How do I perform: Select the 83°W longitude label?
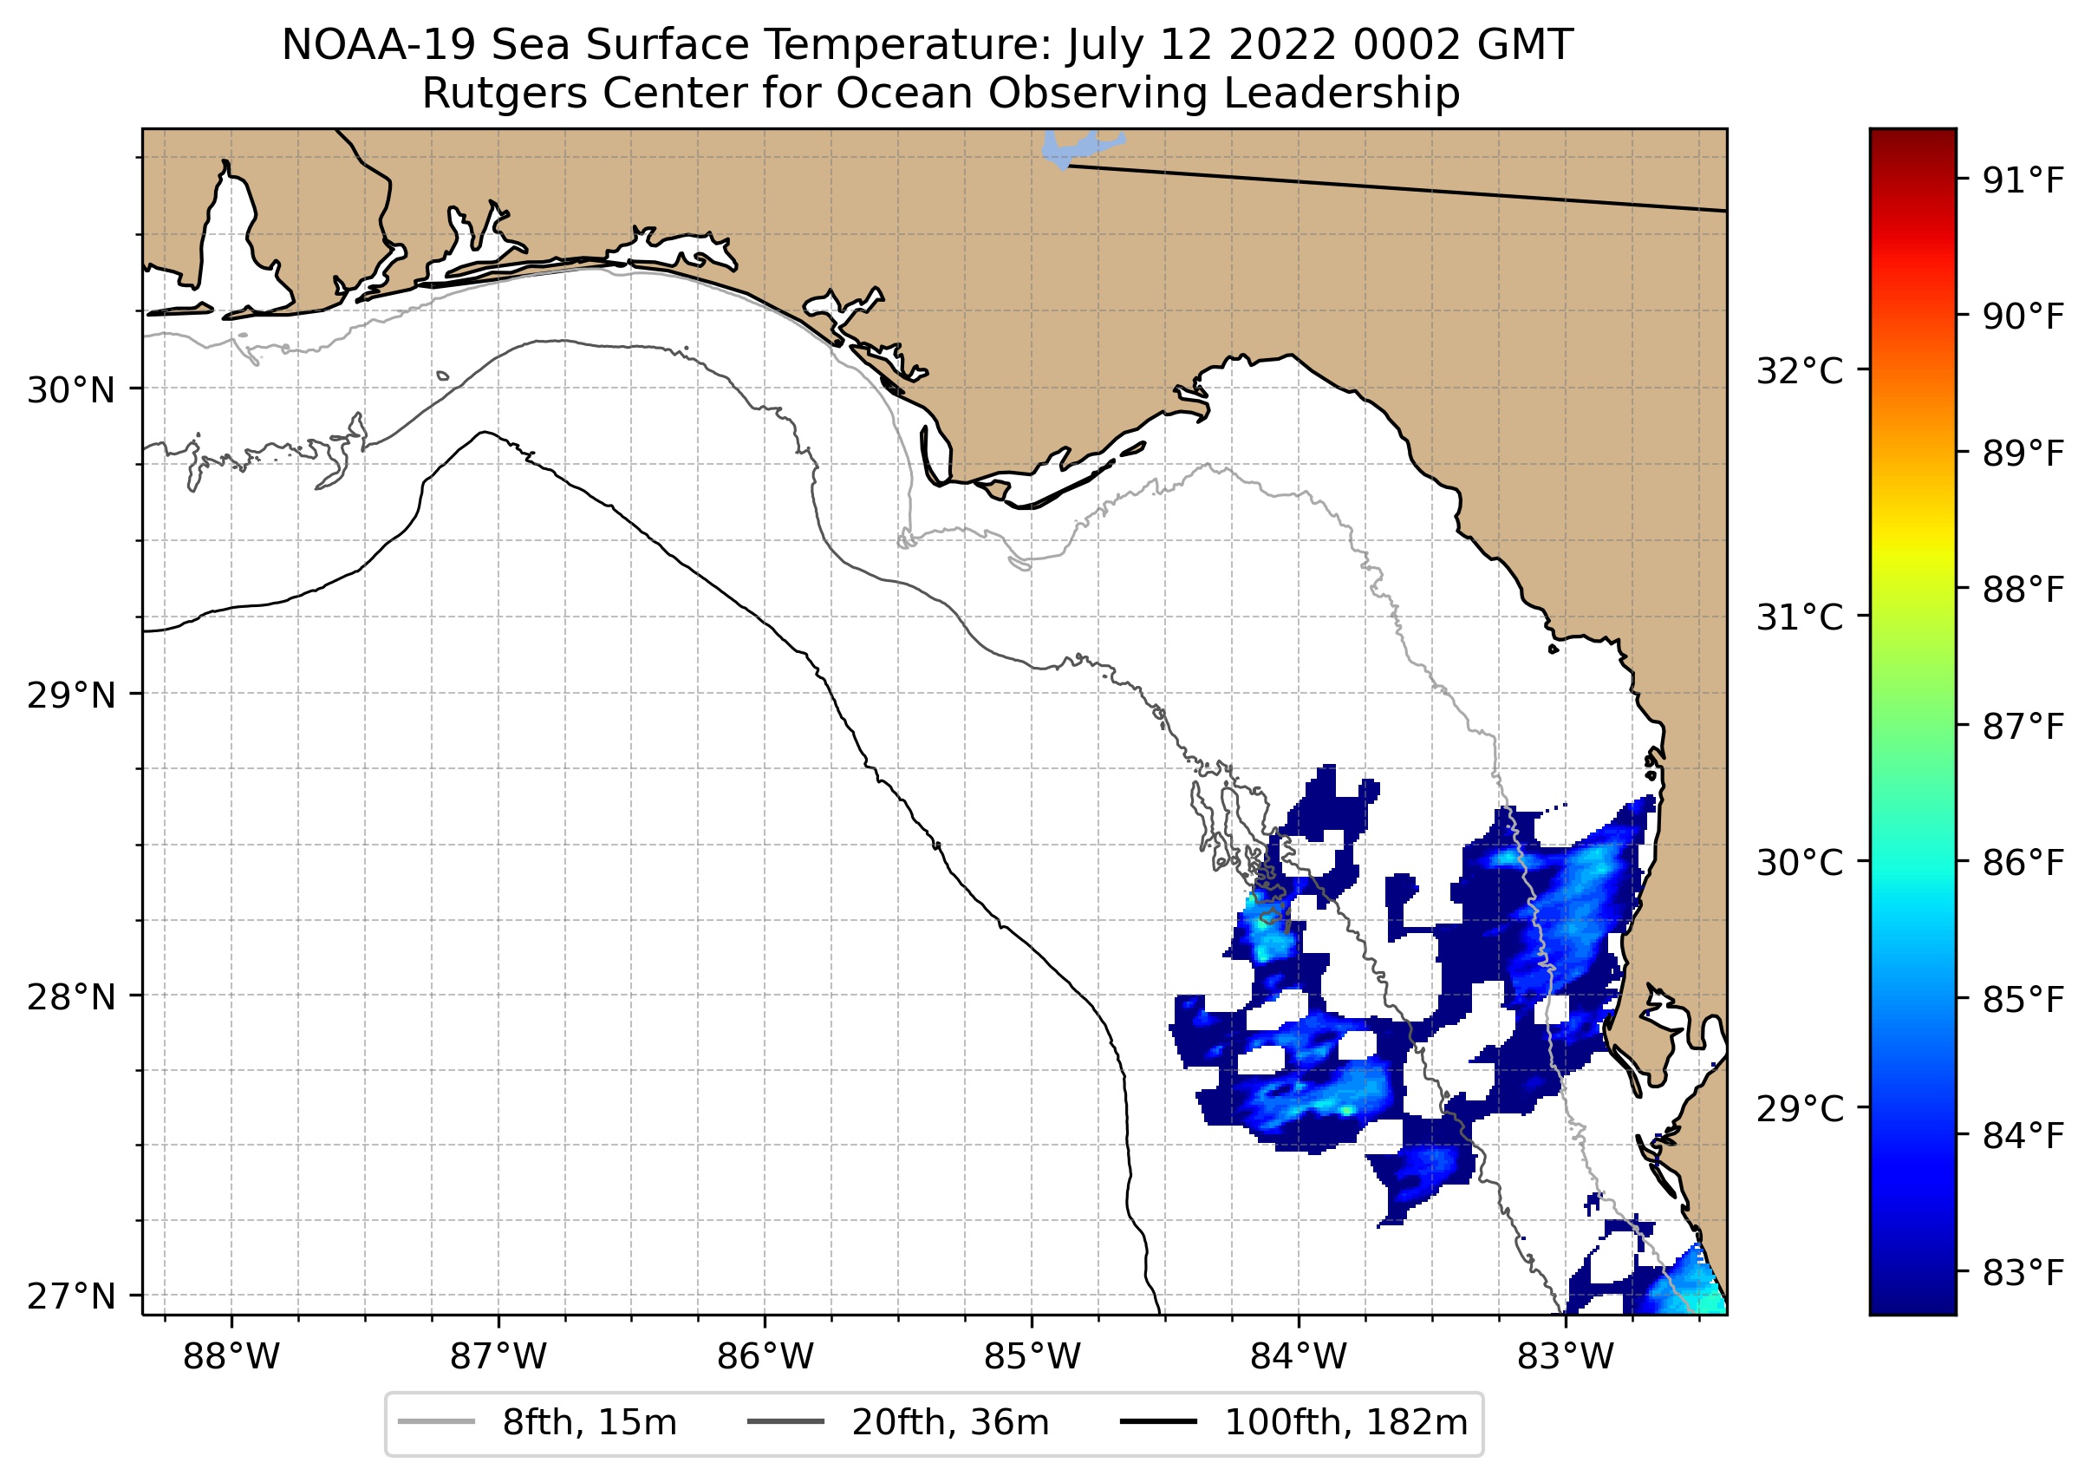[1566, 1356]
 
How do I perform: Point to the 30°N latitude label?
[71, 390]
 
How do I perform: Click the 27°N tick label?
[71, 1296]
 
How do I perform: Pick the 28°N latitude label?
[71, 996]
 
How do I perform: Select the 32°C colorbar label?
[1799, 371]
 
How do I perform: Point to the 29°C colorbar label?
[1799, 1110]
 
